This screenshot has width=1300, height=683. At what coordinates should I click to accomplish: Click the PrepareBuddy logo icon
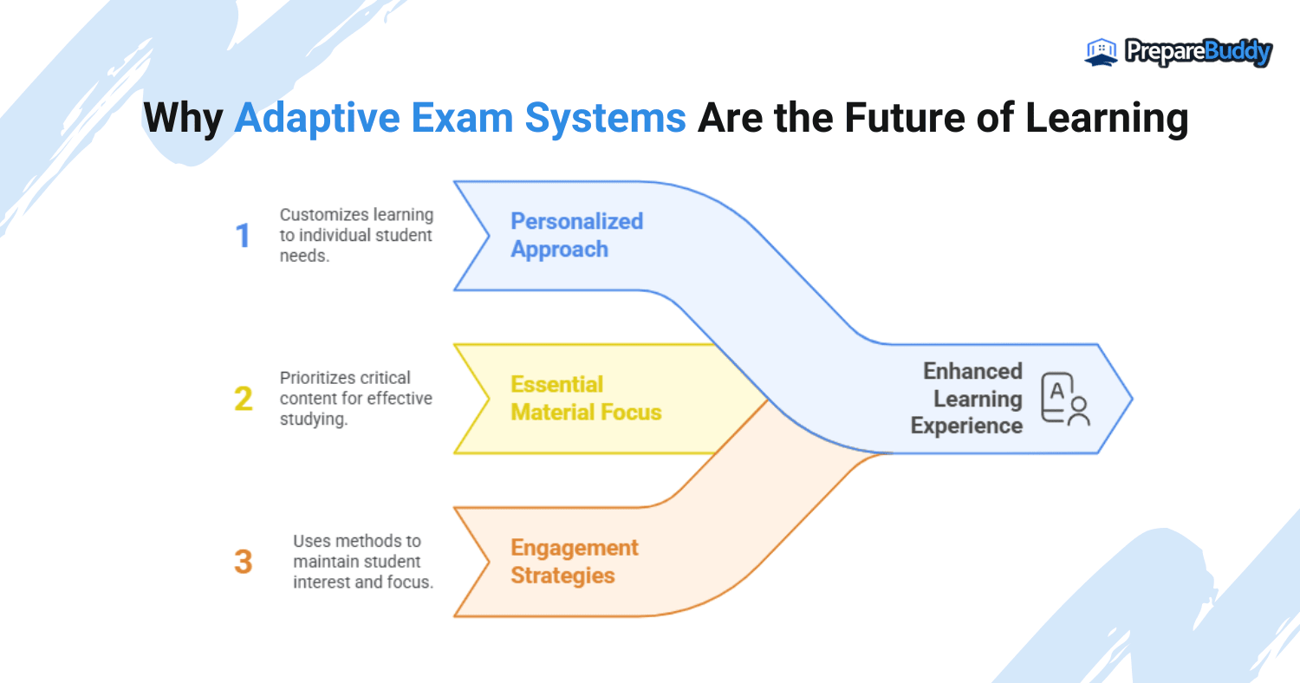(x=1101, y=52)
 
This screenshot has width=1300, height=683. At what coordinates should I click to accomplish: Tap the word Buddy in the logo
(x=1238, y=53)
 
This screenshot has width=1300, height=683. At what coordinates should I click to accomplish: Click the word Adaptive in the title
(x=317, y=119)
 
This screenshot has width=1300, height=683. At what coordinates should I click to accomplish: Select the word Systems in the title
(x=605, y=119)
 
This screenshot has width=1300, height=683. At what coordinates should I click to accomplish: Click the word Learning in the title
(x=1107, y=119)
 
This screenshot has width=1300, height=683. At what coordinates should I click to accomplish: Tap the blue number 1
(x=244, y=236)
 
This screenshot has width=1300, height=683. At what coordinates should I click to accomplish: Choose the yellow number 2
(x=244, y=399)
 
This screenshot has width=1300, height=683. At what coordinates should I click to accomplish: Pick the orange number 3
(x=244, y=562)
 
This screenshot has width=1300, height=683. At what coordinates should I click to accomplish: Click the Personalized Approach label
(x=577, y=235)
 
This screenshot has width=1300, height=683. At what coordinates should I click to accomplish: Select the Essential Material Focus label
(x=586, y=398)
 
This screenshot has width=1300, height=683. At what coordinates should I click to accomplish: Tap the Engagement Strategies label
(x=575, y=561)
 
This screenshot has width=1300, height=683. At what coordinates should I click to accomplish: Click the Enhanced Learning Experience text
(x=966, y=399)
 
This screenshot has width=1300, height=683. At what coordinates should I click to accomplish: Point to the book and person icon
(x=1065, y=400)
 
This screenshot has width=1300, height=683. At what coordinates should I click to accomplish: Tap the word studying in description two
(x=314, y=419)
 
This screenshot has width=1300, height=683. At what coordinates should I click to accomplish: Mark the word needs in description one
(x=304, y=256)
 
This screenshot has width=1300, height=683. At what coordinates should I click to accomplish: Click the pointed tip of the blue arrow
(x=1132, y=399)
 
